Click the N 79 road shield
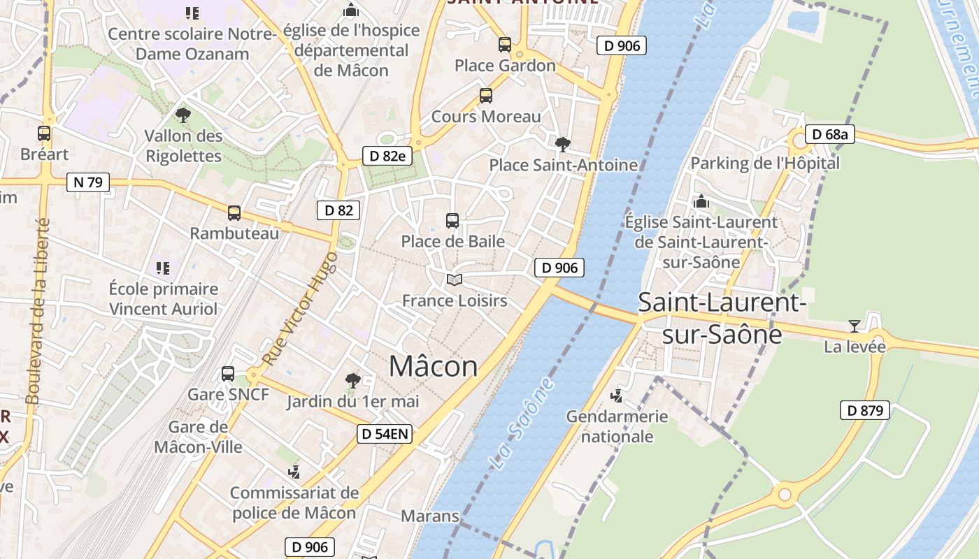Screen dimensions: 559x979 [x=88, y=182]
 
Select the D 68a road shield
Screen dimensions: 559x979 [x=830, y=134]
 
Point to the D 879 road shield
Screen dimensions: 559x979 [x=865, y=410]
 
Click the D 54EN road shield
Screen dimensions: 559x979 [x=385, y=434]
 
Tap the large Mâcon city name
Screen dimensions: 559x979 [x=434, y=366]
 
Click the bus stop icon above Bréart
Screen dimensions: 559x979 [x=44, y=133]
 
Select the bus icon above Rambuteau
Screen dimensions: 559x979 [x=234, y=212]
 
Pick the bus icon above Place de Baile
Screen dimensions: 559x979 [x=452, y=221]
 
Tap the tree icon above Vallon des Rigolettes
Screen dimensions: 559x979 [x=183, y=115]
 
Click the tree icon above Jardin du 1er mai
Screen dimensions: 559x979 [x=353, y=381]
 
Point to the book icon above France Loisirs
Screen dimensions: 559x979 [x=455, y=280]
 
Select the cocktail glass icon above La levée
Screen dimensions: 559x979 [x=854, y=326]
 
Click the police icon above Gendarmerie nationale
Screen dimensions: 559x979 [x=617, y=396]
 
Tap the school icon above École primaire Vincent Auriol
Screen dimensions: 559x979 [x=163, y=268]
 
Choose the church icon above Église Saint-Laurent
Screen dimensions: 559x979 [x=701, y=202]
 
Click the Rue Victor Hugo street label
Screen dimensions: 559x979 [x=301, y=308]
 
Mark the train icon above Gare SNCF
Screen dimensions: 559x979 [x=228, y=374]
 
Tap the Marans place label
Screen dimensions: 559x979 [x=429, y=516]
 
